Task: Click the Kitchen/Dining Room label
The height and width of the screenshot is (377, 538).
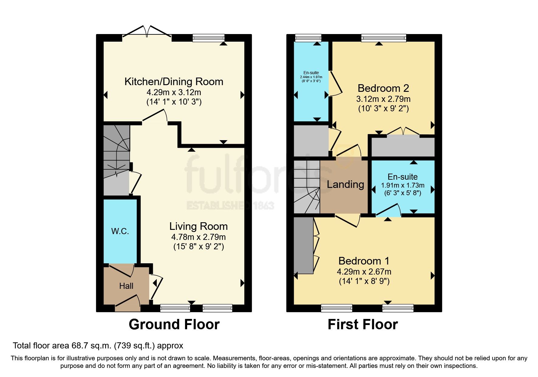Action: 174,81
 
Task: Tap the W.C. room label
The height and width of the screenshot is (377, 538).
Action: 120,231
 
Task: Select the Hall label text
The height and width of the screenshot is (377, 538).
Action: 126,286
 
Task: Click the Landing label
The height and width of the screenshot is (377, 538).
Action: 345,184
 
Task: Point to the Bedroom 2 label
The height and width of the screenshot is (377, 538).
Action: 383,88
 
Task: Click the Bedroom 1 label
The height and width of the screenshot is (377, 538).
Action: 364,261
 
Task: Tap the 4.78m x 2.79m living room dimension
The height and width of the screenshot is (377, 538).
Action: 198,237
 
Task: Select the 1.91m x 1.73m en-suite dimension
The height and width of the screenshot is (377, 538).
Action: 403,185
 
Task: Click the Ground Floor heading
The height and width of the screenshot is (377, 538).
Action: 174,324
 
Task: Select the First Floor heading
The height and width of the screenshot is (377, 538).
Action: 362,324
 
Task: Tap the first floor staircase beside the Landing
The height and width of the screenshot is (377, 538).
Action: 307,187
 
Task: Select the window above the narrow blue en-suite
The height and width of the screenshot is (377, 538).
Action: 308,38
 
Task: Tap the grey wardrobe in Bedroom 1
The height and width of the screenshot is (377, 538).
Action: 303,245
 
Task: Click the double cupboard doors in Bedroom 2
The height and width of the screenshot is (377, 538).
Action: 403,132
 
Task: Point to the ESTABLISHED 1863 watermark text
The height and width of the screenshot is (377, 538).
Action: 230,206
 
